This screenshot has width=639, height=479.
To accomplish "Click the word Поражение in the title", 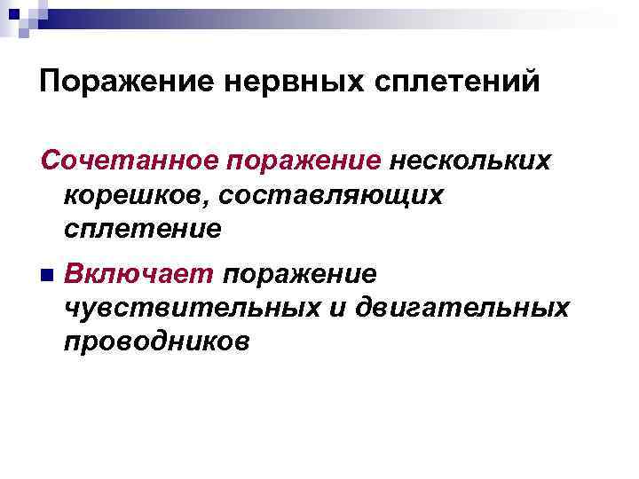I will tap(124, 82).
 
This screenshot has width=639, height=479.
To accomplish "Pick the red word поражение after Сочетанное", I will tap(294, 162).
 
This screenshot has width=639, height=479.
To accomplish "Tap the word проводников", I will tap(156, 340).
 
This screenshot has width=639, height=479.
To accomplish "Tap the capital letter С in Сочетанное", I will tap(50, 162).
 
